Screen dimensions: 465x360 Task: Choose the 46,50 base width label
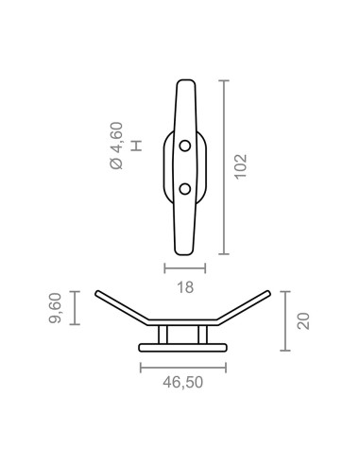click(x=183, y=383)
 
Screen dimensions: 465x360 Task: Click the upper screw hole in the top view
click(x=184, y=146)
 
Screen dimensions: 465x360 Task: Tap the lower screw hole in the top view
click(x=184, y=189)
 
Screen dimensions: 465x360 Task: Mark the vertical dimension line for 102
click(x=224, y=168)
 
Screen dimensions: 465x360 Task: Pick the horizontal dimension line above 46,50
click(x=183, y=366)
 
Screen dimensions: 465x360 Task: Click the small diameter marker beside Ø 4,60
click(x=137, y=146)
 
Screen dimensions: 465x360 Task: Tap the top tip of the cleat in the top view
click(x=184, y=83)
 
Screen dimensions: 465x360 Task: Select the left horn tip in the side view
click(x=98, y=293)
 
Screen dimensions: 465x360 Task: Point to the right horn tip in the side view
click(x=271, y=293)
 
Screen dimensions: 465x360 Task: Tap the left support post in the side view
click(x=163, y=334)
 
